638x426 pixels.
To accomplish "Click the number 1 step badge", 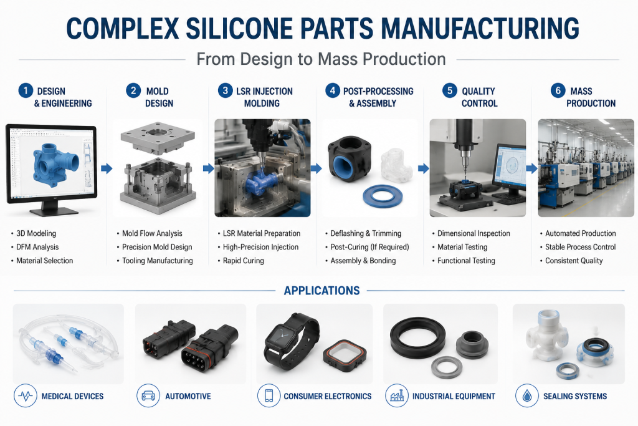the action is (x=26, y=90).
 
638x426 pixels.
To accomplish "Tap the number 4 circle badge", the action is (x=333, y=90).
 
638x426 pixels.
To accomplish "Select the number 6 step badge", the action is (x=558, y=90).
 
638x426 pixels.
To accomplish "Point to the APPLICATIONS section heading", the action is (x=322, y=291).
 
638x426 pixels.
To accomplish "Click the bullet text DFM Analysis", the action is (x=37, y=247).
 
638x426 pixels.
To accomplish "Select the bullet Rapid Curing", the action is (x=244, y=261).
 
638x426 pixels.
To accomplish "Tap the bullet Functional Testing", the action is (x=466, y=261).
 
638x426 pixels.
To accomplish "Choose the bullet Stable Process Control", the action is (x=580, y=247).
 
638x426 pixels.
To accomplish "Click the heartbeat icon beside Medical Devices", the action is (x=25, y=396).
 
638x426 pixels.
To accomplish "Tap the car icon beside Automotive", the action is (x=148, y=396).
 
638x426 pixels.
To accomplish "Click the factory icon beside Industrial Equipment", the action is (x=397, y=396).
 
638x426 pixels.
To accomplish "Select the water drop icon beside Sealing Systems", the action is (x=527, y=396).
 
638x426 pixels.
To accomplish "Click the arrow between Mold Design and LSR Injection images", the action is (x=209, y=168).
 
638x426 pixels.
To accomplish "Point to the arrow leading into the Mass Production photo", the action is (x=532, y=168).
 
